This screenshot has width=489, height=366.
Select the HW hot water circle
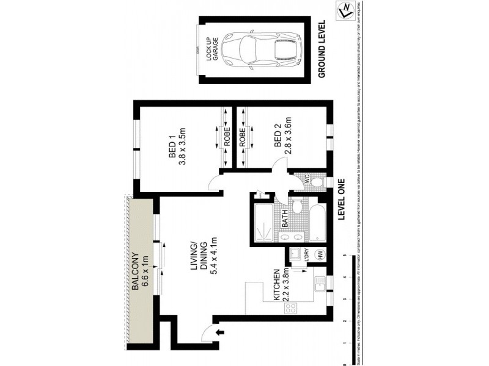tap(318, 255)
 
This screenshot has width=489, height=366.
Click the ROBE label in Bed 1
tap(227, 138)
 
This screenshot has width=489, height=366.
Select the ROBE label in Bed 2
tap(242, 138)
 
